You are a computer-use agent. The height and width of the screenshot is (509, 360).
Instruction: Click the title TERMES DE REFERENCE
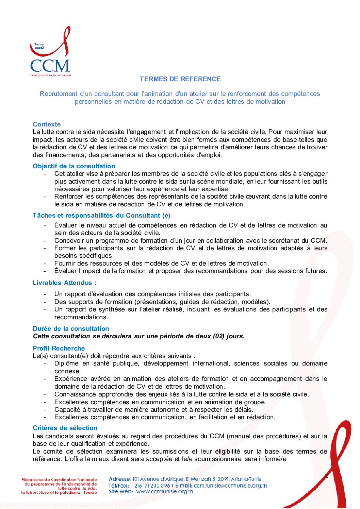pyautogui.click(x=180, y=79)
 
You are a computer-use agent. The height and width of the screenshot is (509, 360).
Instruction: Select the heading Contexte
pyautogui.click(x=47, y=124)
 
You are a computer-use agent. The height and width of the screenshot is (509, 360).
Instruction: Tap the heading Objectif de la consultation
pyautogui.click(x=74, y=166)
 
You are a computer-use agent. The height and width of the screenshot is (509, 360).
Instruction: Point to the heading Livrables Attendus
pyautogui.click(x=64, y=283)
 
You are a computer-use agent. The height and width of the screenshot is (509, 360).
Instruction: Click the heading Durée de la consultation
pyautogui.click(x=71, y=328)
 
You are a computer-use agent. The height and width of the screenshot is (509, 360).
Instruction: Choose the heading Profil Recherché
pyautogui.click(x=59, y=348)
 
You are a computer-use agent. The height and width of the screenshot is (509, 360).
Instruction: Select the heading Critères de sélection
pyautogui.click(x=65, y=428)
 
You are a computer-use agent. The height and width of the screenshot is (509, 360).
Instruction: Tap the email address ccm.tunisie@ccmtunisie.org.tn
pyautogui.click(x=230, y=486)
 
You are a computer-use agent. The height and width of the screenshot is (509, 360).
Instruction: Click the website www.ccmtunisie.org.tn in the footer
pyautogui.click(x=164, y=491)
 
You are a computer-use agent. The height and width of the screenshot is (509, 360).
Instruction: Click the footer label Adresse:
pyautogui.click(x=120, y=479)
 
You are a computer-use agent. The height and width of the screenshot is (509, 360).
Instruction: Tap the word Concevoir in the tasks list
pyautogui.click(x=68, y=240)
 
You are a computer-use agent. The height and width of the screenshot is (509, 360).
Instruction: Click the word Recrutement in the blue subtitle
pyautogui.click(x=58, y=94)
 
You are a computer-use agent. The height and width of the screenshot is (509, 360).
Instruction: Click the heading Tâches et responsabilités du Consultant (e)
pyautogui.click(x=101, y=215)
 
